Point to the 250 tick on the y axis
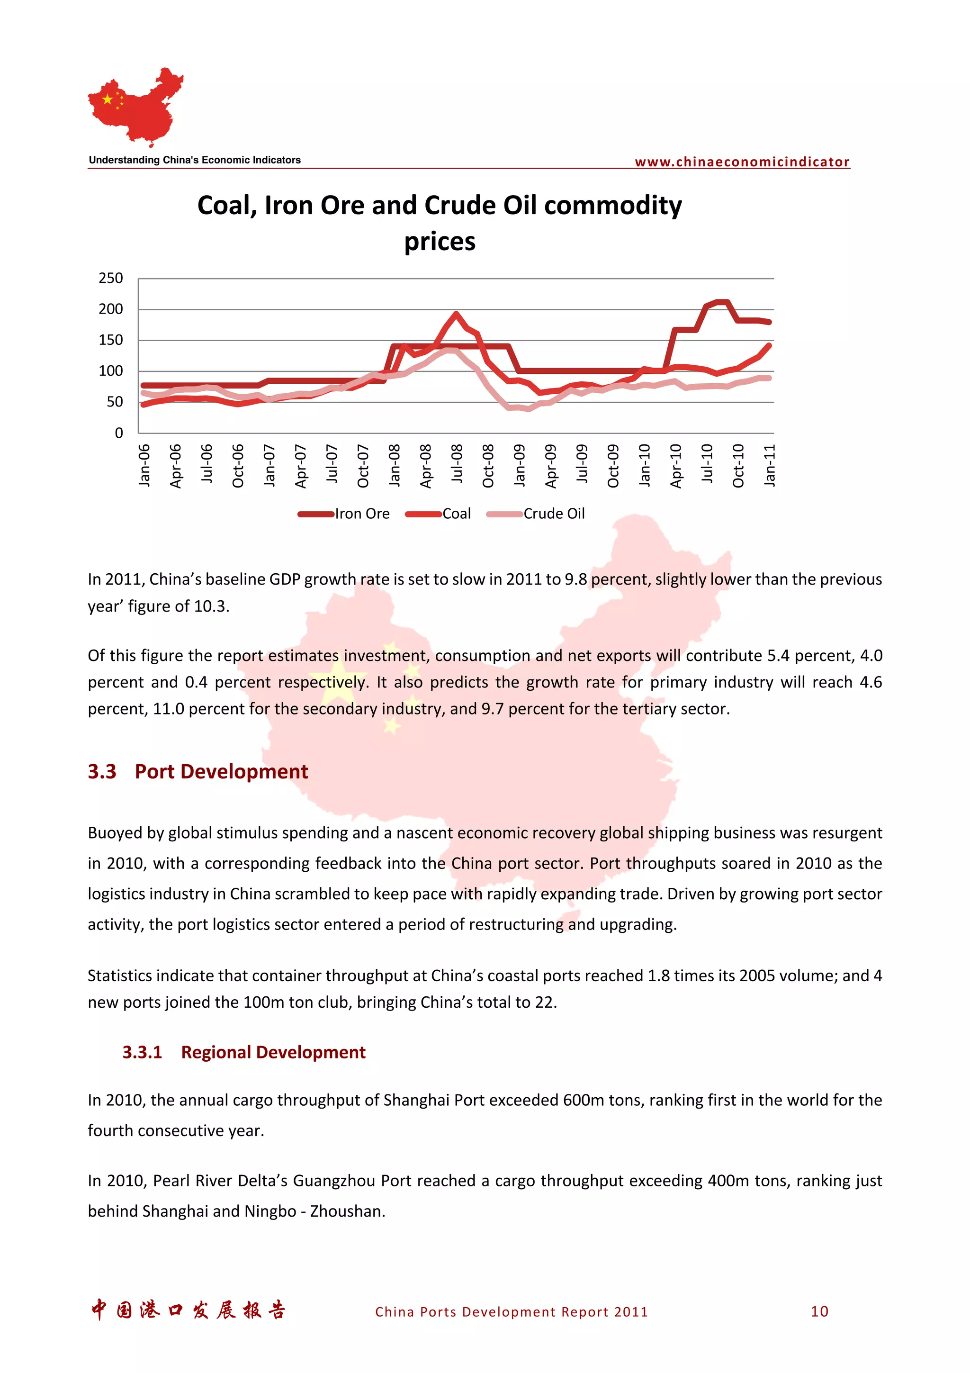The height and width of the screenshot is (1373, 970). [110, 278]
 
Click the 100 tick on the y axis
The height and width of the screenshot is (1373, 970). [110, 371]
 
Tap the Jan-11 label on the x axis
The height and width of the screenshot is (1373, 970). [770, 465]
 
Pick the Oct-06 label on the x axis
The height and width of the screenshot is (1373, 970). [238, 465]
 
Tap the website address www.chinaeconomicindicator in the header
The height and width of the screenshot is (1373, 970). [742, 162]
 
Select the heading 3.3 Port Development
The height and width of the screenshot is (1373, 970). [198, 771]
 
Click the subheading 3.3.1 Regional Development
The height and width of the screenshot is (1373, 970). [244, 1052]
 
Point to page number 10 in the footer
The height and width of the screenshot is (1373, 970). [819, 1311]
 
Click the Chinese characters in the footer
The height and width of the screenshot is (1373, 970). [188, 1310]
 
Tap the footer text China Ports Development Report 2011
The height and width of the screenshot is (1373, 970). [511, 1312]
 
